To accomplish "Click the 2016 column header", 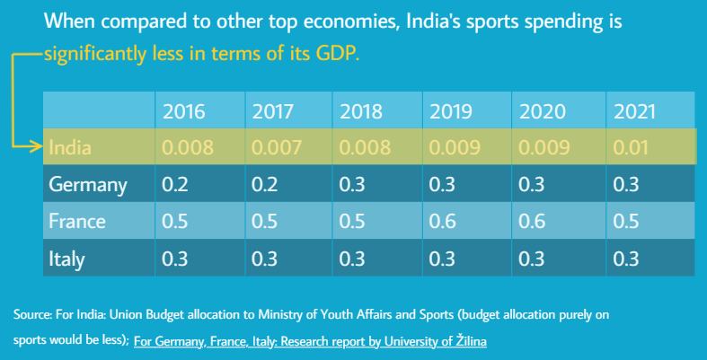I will [183, 112].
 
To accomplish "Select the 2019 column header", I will [451, 112].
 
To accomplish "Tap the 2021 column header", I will [634, 112].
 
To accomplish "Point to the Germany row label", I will [88, 185].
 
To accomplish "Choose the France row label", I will [77, 222].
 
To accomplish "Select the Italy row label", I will [66, 259].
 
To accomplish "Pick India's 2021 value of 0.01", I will [631, 147].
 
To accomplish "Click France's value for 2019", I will [442, 222].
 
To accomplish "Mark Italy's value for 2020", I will [534, 259].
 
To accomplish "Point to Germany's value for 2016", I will [172, 185].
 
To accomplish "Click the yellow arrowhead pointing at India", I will [37, 146].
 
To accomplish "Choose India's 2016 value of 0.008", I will [187, 147].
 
